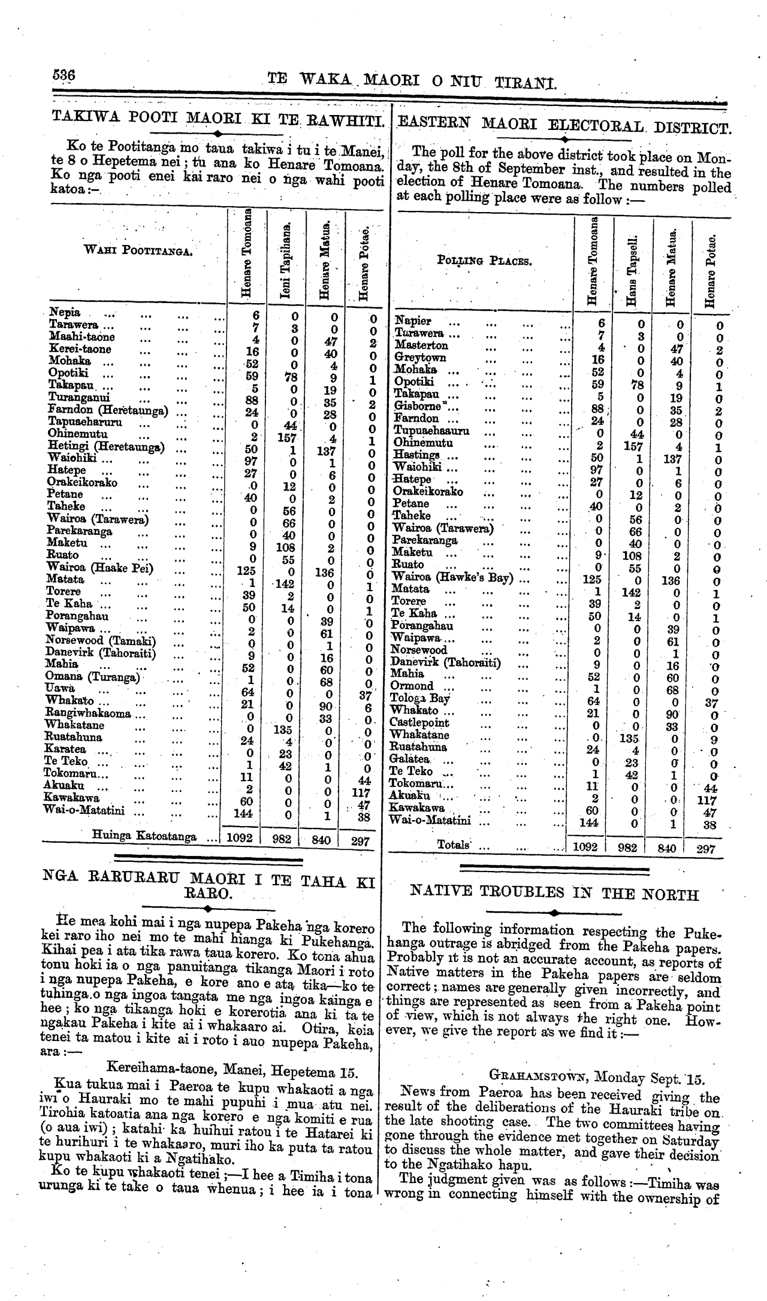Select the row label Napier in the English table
(x=413, y=321)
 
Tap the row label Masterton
(x=421, y=346)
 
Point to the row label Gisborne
(x=416, y=407)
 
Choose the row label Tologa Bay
(x=419, y=698)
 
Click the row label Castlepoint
(x=419, y=723)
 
